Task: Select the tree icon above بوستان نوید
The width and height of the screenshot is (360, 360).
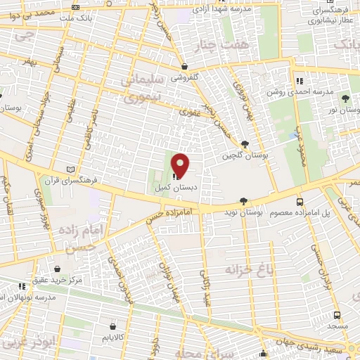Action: tap(244, 200)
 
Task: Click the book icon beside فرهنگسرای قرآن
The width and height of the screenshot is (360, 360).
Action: tap(68, 169)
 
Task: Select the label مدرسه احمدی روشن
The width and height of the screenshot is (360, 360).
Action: tap(326, 92)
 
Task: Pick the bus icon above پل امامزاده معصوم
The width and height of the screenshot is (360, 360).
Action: tap(300, 200)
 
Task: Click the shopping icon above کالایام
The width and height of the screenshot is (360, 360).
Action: tap(113, 326)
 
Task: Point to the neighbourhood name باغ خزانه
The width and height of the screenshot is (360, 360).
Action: tap(247, 269)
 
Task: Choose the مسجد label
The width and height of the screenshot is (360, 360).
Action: tap(337, 328)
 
